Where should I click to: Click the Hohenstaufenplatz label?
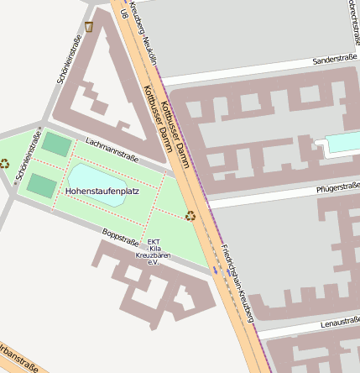pyautogui.click(x=102, y=192)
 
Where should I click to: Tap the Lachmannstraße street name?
pyautogui.click(x=112, y=151)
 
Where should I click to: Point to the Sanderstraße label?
pyautogui.click(x=335, y=61)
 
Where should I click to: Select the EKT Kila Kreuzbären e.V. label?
pyautogui.click(x=154, y=252)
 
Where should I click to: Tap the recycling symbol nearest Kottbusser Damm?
pyautogui.click(x=190, y=216)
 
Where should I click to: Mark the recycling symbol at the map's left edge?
pyautogui.click(x=4, y=163)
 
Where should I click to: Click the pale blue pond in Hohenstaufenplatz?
pyautogui.click(x=96, y=177)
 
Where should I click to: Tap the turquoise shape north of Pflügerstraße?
pyautogui.click(x=343, y=143)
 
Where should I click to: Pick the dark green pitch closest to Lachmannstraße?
pyautogui.click(x=57, y=144)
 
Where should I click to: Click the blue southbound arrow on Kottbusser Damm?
pyautogui.click(x=215, y=271)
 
